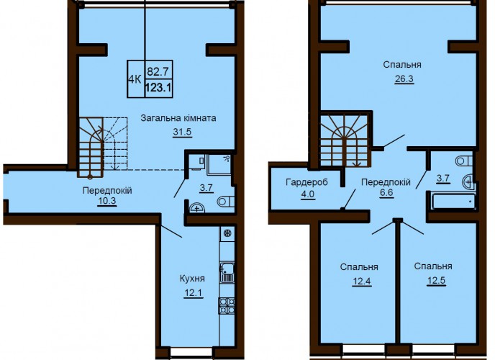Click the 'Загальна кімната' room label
click(x=178, y=118)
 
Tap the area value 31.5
click(x=182, y=132)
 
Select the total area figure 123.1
click(x=158, y=87)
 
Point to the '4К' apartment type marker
click(x=135, y=79)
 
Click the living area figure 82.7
click(x=158, y=71)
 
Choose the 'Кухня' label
click(x=192, y=279)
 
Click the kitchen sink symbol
click(x=227, y=272)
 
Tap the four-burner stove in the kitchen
click(x=227, y=305)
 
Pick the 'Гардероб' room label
click(x=306, y=182)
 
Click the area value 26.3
click(x=404, y=78)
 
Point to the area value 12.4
click(x=362, y=281)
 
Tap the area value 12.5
click(x=436, y=280)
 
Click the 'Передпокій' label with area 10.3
click(x=107, y=190)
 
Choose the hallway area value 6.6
click(x=386, y=193)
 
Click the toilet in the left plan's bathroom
click(x=226, y=202)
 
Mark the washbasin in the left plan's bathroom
click(x=197, y=208)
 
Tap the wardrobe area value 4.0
click(x=308, y=194)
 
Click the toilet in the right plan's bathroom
click(x=464, y=161)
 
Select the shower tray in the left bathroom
click(x=219, y=165)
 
